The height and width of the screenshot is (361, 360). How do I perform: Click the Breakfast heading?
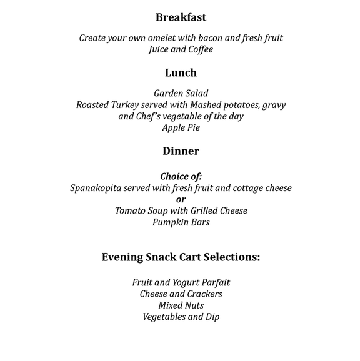click(x=181, y=17)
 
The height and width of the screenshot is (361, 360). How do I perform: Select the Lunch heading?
click(x=181, y=73)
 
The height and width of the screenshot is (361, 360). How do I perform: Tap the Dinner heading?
click(x=181, y=151)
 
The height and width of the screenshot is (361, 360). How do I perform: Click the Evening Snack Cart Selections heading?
click(x=181, y=257)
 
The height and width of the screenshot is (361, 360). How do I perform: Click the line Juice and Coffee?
click(x=181, y=49)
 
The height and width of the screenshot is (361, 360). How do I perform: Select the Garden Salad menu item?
click(x=181, y=93)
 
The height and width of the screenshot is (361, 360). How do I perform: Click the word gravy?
click(x=272, y=105)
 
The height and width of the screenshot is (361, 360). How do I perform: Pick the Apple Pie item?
click(x=181, y=127)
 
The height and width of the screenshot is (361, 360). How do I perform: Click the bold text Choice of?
click(x=181, y=176)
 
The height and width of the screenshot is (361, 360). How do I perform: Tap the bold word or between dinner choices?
click(x=181, y=199)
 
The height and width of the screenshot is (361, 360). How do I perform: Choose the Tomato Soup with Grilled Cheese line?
click(x=181, y=210)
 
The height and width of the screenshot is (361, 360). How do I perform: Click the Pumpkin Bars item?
click(x=181, y=222)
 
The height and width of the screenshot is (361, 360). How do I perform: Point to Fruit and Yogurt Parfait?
click(x=181, y=282)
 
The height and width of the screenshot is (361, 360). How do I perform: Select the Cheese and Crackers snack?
click(x=181, y=294)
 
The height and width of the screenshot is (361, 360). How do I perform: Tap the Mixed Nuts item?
click(x=181, y=305)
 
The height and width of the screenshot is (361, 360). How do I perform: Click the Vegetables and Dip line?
click(x=181, y=317)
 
